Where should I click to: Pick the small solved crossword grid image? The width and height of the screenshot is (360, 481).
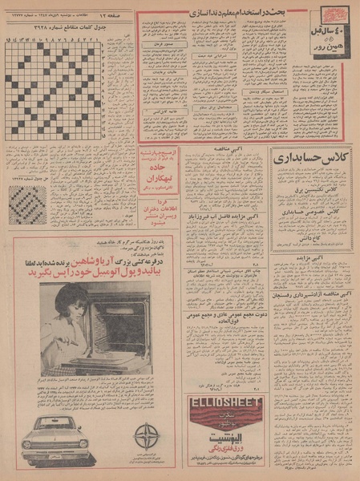(28, 204)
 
